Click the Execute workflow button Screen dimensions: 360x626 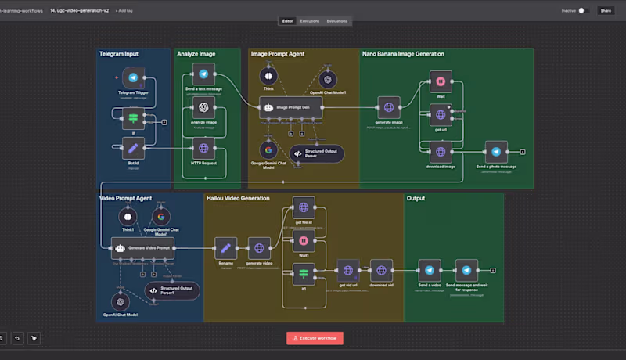[x=314, y=338]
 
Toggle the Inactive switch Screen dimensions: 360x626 [x=584, y=11]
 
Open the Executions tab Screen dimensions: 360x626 [x=309, y=20]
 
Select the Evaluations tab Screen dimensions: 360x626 [x=337, y=20]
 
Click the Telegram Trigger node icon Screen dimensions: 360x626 [x=133, y=79]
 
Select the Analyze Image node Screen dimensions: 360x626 [x=203, y=107]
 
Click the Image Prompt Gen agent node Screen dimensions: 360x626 [x=290, y=107]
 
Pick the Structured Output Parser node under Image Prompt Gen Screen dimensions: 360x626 [x=316, y=153]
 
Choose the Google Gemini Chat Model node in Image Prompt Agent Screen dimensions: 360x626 [x=268, y=149]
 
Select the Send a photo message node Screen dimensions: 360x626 [x=495, y=152]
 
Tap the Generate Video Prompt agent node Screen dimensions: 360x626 [x=142, y=248]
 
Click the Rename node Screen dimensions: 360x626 [x=225, y=248]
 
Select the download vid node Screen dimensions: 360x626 [x=381, y=271]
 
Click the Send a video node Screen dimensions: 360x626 [x=429, y=271]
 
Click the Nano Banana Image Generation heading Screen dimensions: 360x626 [x=403, y=54]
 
